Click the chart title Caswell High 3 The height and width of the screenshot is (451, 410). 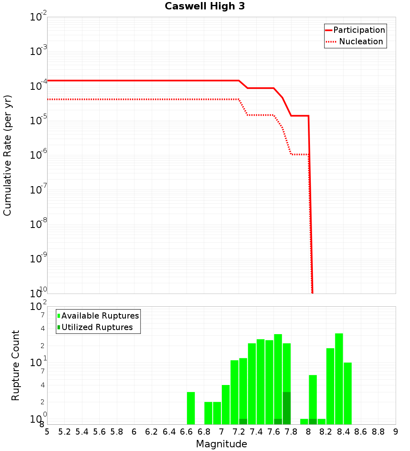coord(205,7)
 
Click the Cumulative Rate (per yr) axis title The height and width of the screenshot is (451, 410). coord(7,155)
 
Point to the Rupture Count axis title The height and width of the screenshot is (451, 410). coord(16,365)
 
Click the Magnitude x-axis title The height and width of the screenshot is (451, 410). coord(221,444)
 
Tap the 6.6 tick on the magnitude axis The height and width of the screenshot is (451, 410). coord(187,432)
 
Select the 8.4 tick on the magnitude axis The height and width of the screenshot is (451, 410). coord(343,432)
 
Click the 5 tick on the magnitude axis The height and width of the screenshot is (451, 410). coord(47,432)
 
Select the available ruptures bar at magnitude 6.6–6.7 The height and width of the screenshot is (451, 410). coord(191,408)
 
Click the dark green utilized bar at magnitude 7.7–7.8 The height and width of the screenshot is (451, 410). coord(287,408)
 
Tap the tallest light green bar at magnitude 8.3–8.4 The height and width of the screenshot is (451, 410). coord(339,379)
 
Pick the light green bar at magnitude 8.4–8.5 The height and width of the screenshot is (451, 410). coord(347,394)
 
